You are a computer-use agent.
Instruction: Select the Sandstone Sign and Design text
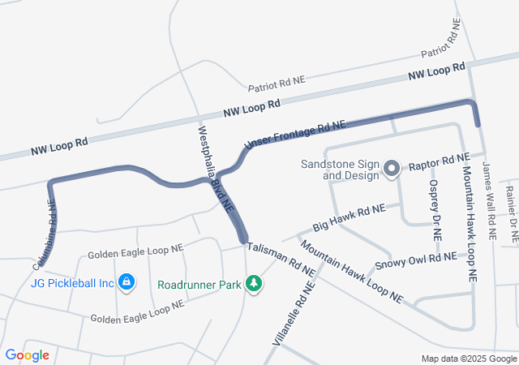340,169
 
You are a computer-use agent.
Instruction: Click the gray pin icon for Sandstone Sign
392,170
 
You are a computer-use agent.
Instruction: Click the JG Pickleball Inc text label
71,283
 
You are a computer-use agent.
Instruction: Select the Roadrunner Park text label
201,285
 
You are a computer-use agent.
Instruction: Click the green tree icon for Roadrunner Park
255,284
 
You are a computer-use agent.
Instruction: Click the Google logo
27,355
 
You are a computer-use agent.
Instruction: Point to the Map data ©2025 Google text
469,359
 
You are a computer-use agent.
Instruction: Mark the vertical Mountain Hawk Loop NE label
470,220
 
